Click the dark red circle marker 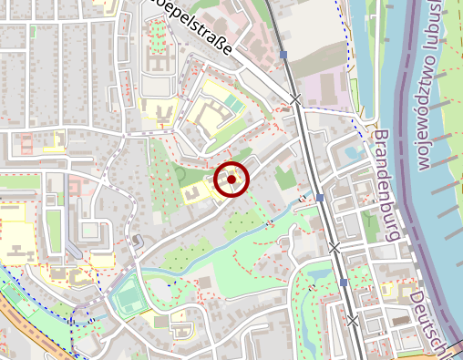(231, 180)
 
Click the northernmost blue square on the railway (284, 55)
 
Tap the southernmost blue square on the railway (344, 283)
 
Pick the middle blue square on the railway (320, 197)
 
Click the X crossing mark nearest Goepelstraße (295, 98)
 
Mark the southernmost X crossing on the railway (353, 320)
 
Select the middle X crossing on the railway (334, 247)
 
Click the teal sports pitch (127, 297)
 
